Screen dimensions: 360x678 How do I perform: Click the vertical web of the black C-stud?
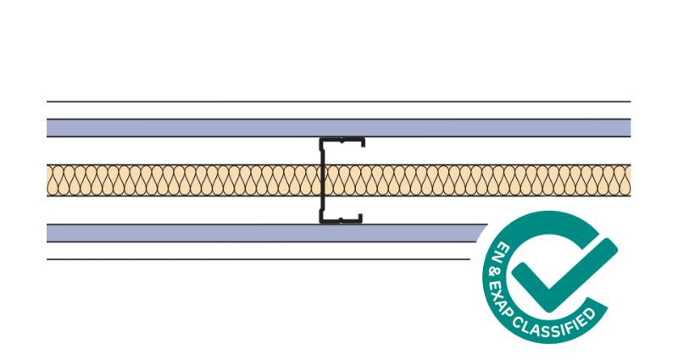pos(322,180)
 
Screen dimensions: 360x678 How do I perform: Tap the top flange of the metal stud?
pos(342,138)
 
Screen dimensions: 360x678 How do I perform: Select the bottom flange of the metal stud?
pos(341,222)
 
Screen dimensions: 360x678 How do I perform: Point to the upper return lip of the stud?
pos(363,141)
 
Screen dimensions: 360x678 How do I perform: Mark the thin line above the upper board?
pos(254,102)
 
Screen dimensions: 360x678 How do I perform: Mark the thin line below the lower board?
pos(254,259)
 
